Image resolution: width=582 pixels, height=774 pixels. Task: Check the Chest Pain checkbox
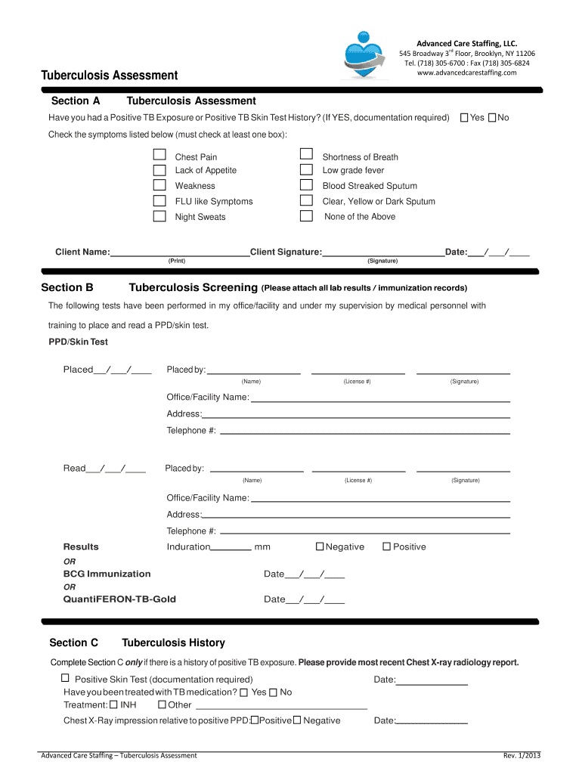click(x=159, y=154)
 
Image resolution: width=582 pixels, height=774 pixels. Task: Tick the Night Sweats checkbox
click(x=159, y=216)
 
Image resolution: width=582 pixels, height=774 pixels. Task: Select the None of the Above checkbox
click(x=306, y=216)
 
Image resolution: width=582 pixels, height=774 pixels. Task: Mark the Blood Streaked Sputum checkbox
click(x=306, y=185)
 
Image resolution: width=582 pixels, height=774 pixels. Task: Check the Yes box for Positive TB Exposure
click(x=464, y=118)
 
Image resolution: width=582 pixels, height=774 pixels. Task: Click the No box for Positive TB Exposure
click(x=492, y=118)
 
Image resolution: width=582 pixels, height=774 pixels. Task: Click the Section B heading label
click(x=67, y=287)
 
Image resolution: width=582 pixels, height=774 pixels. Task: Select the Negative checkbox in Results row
click(x=320, y=546)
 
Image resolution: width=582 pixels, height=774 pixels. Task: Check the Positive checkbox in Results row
click(x=386, y=546)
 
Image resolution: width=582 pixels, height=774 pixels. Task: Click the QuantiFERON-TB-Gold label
click(x=119, y=599)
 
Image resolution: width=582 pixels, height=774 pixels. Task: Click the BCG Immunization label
click(x=107, y=574)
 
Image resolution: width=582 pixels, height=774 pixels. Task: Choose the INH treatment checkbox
click(x=113, y=704)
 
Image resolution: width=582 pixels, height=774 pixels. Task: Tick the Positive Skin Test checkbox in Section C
click(x=65, y=678)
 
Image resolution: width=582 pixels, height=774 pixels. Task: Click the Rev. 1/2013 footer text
click(x=522, y=755)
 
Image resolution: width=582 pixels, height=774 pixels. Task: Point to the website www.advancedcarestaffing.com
click(x=467, y=73)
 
